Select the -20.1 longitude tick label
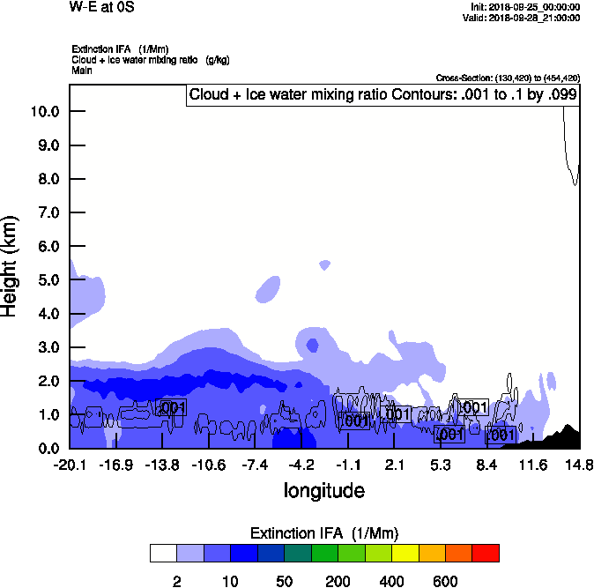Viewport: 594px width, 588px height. (x=70, y=465)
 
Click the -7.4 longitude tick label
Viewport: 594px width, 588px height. (x=255, y=465)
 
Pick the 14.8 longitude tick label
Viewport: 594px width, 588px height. (x=578, y=465)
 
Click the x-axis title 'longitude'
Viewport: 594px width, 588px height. (x=323, y=489)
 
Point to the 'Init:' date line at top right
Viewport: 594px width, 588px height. (x=526, y=7)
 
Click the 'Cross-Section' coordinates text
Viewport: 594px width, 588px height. (x=508, y=78)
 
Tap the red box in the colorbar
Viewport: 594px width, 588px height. (x=486, y=554)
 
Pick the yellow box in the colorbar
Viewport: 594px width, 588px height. (x=405, y=554)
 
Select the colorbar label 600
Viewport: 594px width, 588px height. (x=445, y=581)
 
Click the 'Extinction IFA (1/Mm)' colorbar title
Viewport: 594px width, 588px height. (x=324, y=533)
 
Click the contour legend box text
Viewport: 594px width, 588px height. (x=382, y=94)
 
